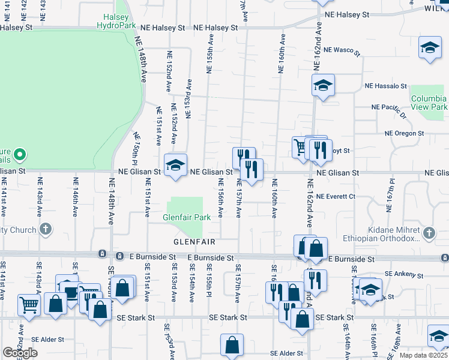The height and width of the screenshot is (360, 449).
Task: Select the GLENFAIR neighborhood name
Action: [x=194, y=242]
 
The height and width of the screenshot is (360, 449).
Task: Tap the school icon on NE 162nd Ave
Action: [x=322, y=85]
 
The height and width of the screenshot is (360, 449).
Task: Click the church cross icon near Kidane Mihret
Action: [x=429, y=232]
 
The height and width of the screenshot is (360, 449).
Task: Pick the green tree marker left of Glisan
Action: [x=19, y=156]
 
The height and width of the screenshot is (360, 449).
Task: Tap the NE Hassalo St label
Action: [x=386, y=86]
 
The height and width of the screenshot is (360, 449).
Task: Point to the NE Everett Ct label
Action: [x=336, y=196]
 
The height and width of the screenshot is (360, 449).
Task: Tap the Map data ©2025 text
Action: [x=424, y=355]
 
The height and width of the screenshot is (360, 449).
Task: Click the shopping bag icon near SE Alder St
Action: [x=232, y=346]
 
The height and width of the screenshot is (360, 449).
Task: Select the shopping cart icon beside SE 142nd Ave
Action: [x=29, y=305]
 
